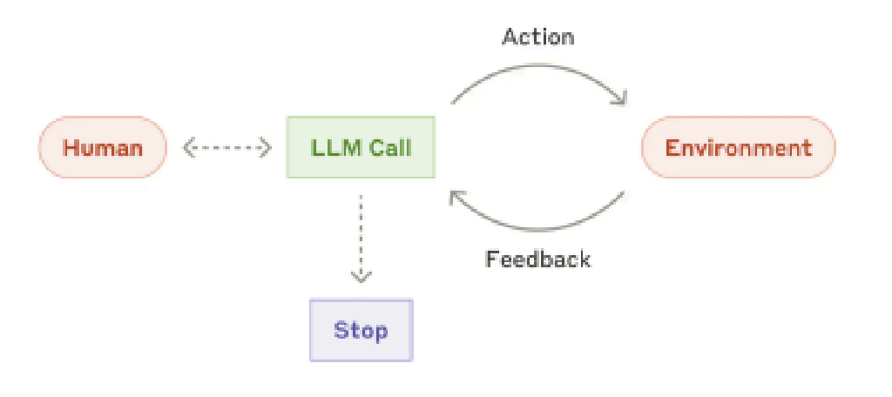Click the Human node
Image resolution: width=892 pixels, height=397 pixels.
click(x=103, y=147)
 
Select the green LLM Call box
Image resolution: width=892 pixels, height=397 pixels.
click(x=361, y=147)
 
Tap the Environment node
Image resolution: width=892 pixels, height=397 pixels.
click(x=738, y=147)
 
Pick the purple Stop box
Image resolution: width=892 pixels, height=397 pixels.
click(x=361, y=331)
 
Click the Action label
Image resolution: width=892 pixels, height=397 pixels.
click(x=538, y=37)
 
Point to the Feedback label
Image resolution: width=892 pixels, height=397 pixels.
click(x=537, y=259)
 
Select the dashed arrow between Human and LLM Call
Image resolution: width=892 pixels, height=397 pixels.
click(x=227, y=148)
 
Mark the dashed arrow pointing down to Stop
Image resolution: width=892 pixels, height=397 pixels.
click(x=361, y=235)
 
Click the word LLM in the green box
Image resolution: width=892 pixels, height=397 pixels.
click(x=329, y=147)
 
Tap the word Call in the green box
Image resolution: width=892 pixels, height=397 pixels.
click(x=389, y=147)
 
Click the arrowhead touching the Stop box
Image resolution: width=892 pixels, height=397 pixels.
click(x=361, y=276)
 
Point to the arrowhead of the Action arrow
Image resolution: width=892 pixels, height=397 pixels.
click(x=619, y=98)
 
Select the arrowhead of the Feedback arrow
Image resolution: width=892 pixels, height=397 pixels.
click(x=456, y=198)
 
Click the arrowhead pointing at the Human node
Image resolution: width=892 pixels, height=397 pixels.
click(x=189, y=148)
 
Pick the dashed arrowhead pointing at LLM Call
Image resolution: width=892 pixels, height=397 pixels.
click(x=266, y=148)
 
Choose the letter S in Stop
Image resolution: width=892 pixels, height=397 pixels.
click(x=341, y=331)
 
